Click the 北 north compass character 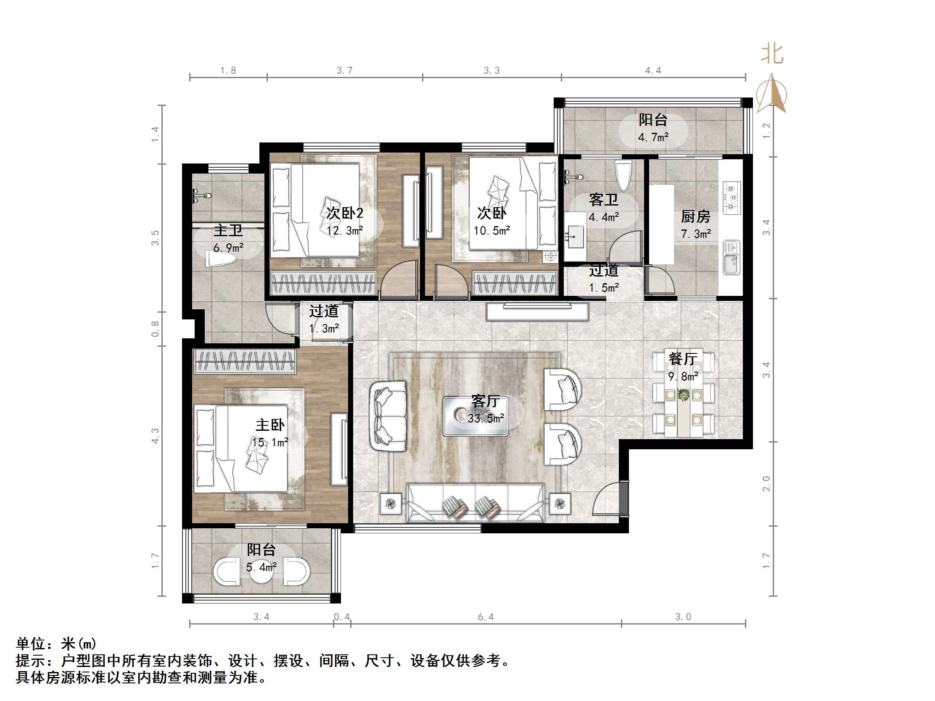[772, 55]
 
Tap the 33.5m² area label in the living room [486, 419]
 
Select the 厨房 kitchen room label [695, 217]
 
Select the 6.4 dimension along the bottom [486, 617]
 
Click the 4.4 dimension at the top [652, 71]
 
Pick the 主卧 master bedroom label [270, 425]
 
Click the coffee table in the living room [475, 416]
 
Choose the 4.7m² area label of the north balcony [653, 137]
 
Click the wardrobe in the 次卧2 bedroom [323, 283]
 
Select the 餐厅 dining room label [683, 359]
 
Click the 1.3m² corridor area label [324, 329]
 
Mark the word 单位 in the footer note [31, 643]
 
